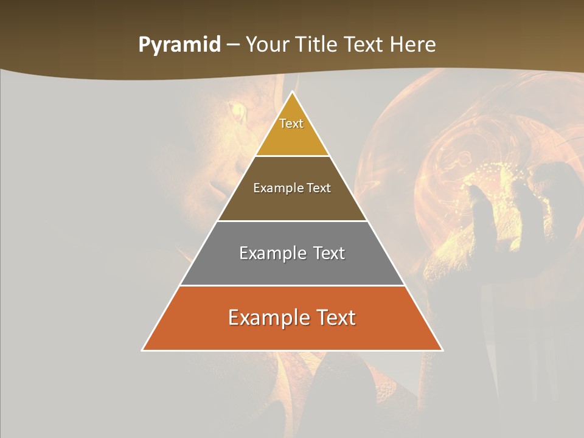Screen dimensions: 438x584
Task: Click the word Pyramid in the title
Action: (179, 45)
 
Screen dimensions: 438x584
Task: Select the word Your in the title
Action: (268, 45)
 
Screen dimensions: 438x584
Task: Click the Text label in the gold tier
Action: (291, 123)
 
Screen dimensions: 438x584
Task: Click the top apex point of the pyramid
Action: (293, 92)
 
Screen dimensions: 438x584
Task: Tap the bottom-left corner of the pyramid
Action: (143, 350)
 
